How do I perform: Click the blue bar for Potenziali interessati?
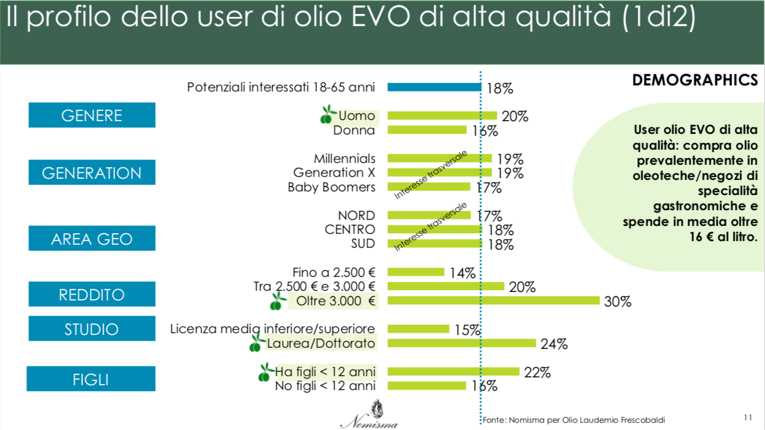click(434, 87)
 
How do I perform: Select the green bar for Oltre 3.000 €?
click(493, 300)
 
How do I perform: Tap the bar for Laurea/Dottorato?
click(462, 343)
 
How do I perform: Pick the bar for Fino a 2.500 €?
click(416, 272)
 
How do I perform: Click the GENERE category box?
click(92, 115)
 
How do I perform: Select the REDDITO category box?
click(92, 294)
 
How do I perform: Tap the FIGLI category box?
click(91, 380)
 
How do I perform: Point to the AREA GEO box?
click(92, 239)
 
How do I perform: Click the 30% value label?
click(618, 302)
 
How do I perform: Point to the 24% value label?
click(554, 345)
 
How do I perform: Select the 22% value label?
click(537, 373)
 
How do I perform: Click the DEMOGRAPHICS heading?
click(695, 80)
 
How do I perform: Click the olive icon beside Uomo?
click(328, 113)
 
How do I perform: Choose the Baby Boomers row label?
click(332, 187)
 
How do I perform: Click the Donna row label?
click(354, 130)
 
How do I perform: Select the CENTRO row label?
click(350, 230)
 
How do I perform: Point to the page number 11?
click(747, 417)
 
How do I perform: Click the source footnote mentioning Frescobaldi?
click(578, 420)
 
